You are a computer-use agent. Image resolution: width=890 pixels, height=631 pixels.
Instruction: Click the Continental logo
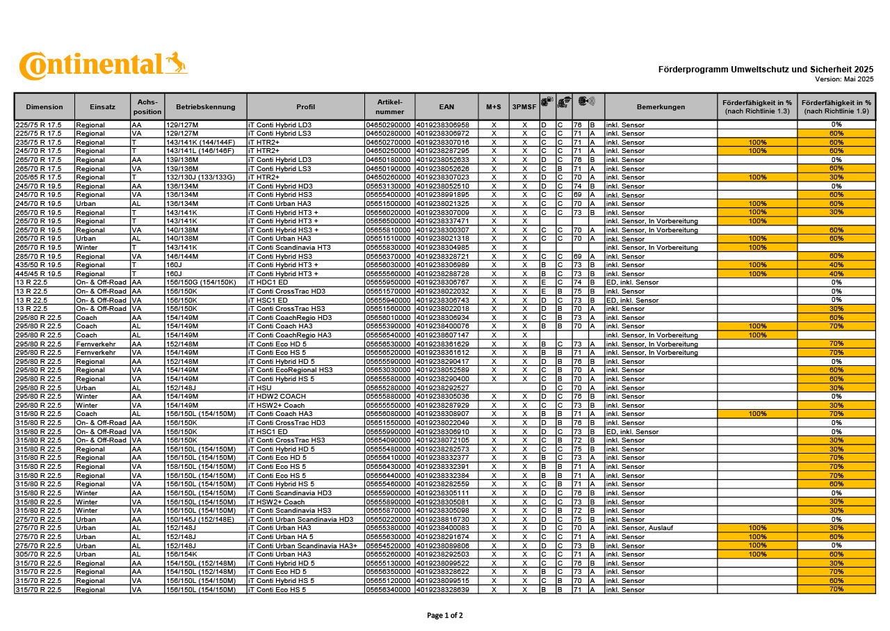[x=103, y=66]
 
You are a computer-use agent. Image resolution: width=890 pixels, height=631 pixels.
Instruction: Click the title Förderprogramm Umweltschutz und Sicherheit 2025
[x=766, y=70]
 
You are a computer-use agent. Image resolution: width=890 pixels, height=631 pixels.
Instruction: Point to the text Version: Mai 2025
[x=844, y=79]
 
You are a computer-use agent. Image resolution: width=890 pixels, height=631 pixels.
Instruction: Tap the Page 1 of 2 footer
[x=444, y=615]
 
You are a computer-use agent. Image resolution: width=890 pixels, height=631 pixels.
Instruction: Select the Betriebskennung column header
[x=206, y=106]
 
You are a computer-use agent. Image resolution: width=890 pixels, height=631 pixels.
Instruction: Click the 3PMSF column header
[x=524, y=106]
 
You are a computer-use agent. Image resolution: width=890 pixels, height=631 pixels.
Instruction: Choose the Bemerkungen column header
[x=661, y=106]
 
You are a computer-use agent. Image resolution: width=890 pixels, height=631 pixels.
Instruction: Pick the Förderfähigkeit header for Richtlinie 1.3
[x=757, y=106]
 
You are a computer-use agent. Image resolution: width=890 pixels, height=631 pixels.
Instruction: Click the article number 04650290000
[x=389, y=125]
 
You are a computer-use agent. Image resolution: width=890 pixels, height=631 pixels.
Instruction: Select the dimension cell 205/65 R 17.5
[x=38, y=177]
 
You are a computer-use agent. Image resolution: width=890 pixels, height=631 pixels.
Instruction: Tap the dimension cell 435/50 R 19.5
[x=38, y=265]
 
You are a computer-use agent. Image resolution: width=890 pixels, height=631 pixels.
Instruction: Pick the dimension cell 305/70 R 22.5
[x=38, y=554]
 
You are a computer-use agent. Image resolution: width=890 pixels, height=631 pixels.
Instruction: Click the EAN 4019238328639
[x=442, y=589]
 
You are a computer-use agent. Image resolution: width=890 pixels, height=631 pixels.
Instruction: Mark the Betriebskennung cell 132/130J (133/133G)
[x=200, y=177]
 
